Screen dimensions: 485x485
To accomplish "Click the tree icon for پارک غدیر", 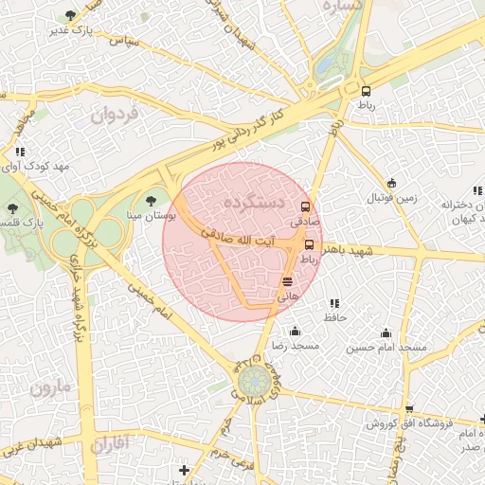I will (x=71, y=15).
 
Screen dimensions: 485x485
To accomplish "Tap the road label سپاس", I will (x=124, y=42).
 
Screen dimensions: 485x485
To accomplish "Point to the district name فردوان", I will (x=116, y=115).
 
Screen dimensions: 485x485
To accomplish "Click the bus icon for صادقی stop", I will (x=305, y=207).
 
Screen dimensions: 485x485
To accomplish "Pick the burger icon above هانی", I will (x=287, y=281).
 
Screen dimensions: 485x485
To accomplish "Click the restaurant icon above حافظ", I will (x=333, y=304).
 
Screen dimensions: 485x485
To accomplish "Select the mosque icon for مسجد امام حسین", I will (x=386, y=332).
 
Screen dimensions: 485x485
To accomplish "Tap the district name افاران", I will (x=112, y=442).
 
